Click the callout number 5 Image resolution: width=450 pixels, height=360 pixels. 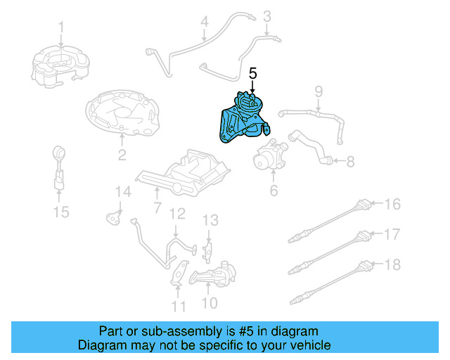[x=253, y=72]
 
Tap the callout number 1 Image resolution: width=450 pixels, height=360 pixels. [x=61, y=27]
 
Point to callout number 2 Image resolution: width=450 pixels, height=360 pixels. [x=122, y=155]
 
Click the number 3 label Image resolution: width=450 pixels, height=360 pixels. [x=267, y=15]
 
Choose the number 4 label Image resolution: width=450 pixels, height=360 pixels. [x=204, y=22]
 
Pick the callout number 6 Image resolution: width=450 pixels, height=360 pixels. [x=274, y=190]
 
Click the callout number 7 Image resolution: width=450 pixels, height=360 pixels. [x=157, y=208]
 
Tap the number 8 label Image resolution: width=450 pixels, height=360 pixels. [x=350, y=162]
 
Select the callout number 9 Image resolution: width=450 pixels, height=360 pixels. [x=318, y=91]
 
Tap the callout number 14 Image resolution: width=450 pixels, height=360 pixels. [x=123, y=191]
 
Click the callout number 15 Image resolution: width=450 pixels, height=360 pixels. [x=62, y=211]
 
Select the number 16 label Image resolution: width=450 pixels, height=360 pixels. [x=392, y=205]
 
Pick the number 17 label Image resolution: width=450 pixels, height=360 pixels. [x=392, y=234]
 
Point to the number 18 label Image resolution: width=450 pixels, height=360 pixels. [x=392, y=264]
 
